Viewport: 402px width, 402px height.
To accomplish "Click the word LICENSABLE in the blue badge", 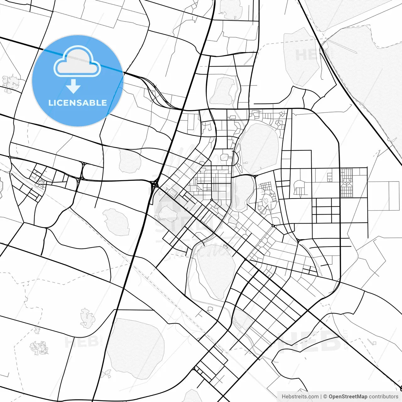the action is (x=78, y=103).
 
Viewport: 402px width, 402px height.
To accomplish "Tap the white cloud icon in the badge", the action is (x=77, y=62).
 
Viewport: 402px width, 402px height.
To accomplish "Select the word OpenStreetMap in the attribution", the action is (x=348, y=397).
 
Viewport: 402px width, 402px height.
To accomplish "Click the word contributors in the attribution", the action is (x=383, y=397).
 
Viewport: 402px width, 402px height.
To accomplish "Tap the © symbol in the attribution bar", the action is (x=325, y=397).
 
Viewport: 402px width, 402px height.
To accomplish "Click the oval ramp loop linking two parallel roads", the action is (x=83, y=171).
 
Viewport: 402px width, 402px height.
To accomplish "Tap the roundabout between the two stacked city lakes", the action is (x=255, y=177).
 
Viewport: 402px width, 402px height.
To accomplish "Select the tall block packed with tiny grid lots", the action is (x=346, y=183).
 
